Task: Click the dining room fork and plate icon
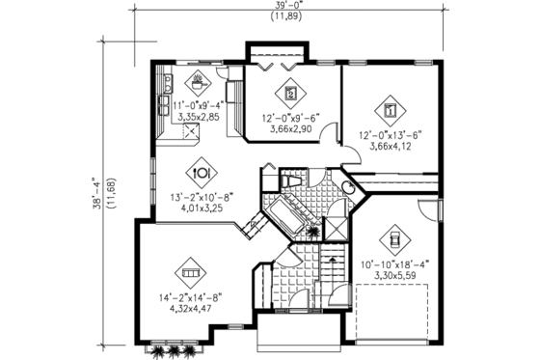coord(202,171)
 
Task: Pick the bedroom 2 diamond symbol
coord(290,95)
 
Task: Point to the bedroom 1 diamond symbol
coord(389,108)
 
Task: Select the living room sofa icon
coord(190,274)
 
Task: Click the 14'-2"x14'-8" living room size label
coord(188,298)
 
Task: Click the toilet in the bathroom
coord(292,183)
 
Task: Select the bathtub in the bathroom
coord(289,211)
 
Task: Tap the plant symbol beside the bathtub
coord(311,231)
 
